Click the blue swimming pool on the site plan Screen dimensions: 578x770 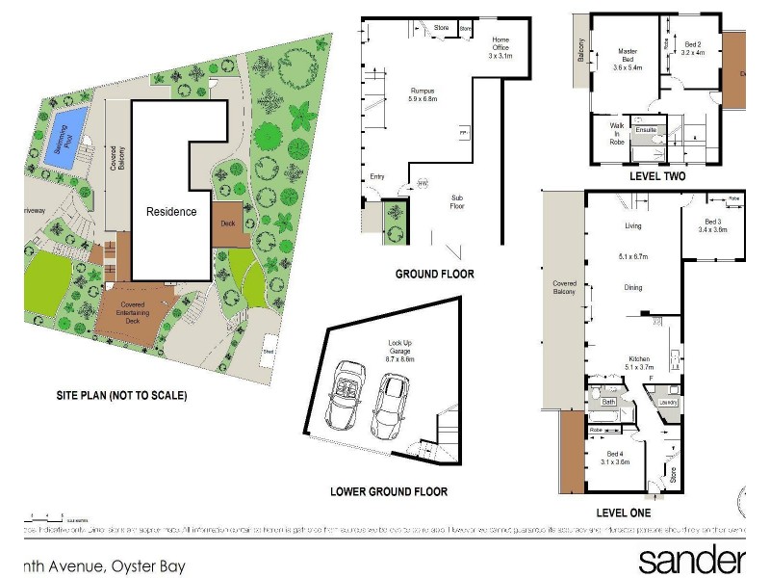click(x=64, y=140)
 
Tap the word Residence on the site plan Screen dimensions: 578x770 click(x=171, y=212)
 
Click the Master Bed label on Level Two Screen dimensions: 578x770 click(x=627, y=59)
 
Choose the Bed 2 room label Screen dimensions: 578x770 click(x=693, y=48)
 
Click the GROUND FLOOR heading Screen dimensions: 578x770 click(x=434, y=274)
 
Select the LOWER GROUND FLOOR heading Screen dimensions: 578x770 click(x=388, y=491)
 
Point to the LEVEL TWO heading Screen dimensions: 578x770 click(x=656, y=177)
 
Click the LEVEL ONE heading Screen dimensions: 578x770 click(x=623, y=512)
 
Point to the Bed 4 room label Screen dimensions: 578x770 click(x=617, y=458)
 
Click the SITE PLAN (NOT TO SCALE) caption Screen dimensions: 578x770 click(x=120, y=395)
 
